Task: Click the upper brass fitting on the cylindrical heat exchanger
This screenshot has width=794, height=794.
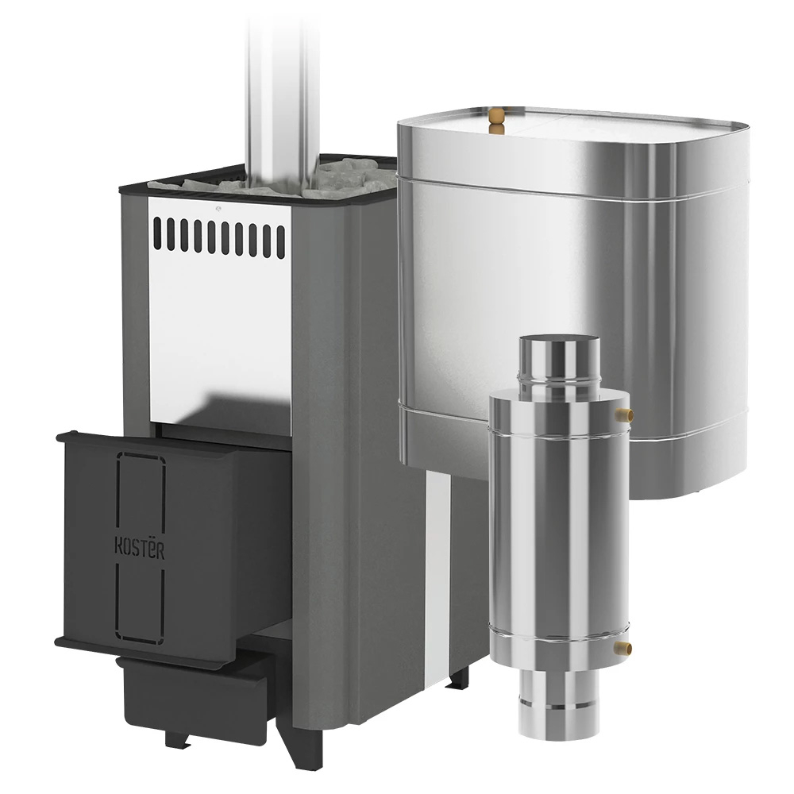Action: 624,415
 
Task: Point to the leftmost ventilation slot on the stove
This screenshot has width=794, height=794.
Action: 157,233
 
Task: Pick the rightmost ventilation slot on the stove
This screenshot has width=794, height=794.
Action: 281,242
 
